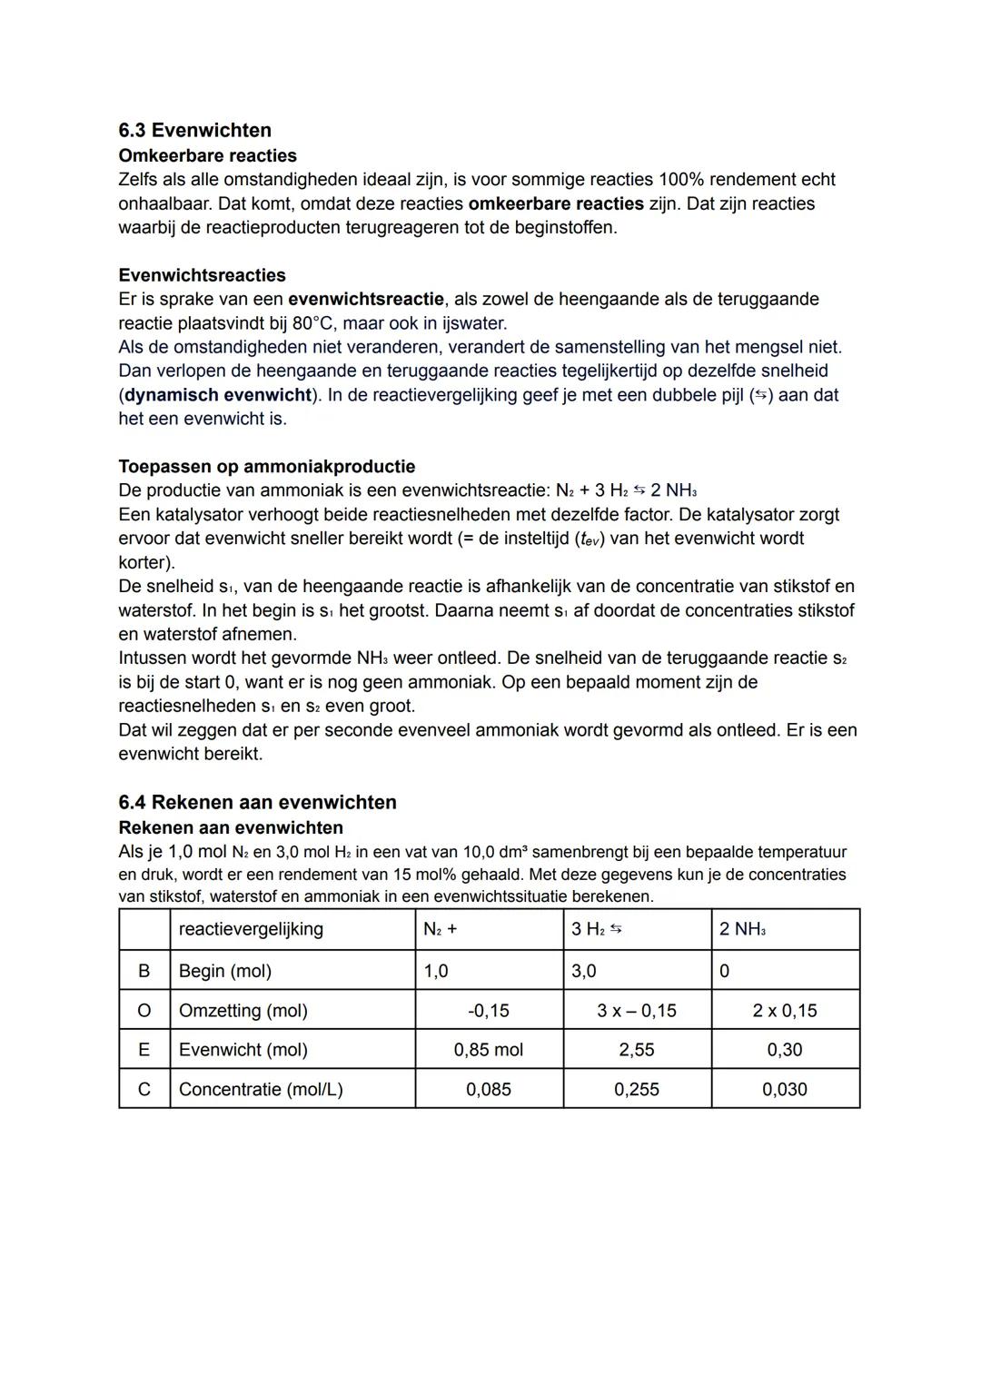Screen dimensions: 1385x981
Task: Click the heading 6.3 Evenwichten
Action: pyautogui.click(x=194, y=130)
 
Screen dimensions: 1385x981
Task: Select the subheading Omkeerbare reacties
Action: pyautogui.click(x=207, y=155)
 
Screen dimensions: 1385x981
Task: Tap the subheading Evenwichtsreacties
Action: pyautogui.click(x=202, y=275)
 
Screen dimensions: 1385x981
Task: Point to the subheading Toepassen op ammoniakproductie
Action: pyautogui.click(x=266, y=467)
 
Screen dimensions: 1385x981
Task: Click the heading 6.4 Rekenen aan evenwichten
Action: pyautogui.click(x=257, y=802)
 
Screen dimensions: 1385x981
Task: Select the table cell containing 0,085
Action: pyautogui.click(x=489, y=1089)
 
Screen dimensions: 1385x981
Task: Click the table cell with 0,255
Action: pyautogui.click(x=637, y=1089)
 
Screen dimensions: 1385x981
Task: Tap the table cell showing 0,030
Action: pyautogui.click(x=785, y=1089)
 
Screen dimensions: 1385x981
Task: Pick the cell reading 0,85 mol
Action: pyautogui.click(x=489, y=1050)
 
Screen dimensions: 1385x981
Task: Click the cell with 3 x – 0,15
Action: pyautogui.click(x=637, y=1010)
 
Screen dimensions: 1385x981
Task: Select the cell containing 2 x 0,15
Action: pyautogui.click(x=785, y=1010)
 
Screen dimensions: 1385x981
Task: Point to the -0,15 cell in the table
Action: pyautogui.click(x=489, y=1010)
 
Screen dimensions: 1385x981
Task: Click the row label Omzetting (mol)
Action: pyautogui.click(x=243, y=1010)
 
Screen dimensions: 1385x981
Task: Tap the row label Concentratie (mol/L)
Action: pyautogui.click(x=261, y=1089)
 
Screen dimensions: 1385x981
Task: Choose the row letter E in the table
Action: pyautogui.click(x=144, y=1050)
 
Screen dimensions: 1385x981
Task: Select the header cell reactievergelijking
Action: pyautogui.click(x=251, y=928)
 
